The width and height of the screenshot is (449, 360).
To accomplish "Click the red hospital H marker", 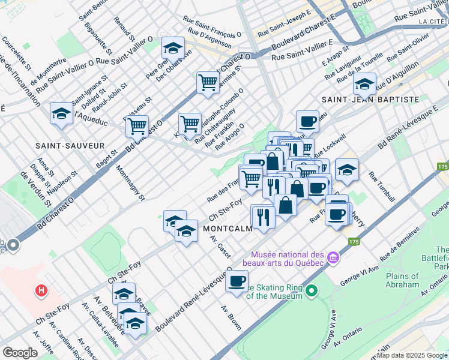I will (41, 292).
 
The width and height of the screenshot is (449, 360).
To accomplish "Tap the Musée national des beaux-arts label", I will (288, 259).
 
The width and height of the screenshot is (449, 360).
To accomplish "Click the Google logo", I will (20, 353).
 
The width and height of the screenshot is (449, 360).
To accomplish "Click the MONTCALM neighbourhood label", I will (226, 229).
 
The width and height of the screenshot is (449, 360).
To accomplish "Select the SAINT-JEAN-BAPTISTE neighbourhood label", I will (370, 99).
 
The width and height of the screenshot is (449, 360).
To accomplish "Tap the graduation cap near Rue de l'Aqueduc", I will (61, 113).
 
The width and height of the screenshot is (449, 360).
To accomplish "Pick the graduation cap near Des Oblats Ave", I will (173, 48).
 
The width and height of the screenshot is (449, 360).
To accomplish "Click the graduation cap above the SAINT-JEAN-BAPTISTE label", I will (364, 83).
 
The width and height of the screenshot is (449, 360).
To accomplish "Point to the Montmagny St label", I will (130, 183).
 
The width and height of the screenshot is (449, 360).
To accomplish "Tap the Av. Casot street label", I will (220, 246).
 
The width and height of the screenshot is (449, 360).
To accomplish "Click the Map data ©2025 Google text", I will (411, 355).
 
